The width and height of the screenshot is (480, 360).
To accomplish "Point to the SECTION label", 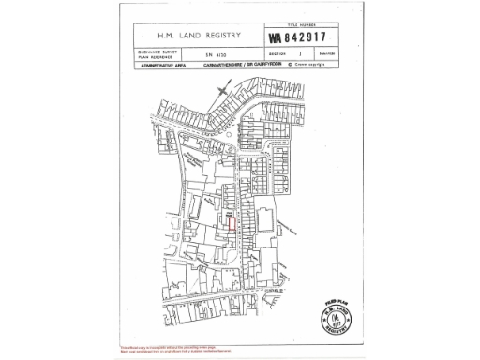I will click(278, 55).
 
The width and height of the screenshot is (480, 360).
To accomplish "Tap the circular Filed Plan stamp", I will click(338, 315).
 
